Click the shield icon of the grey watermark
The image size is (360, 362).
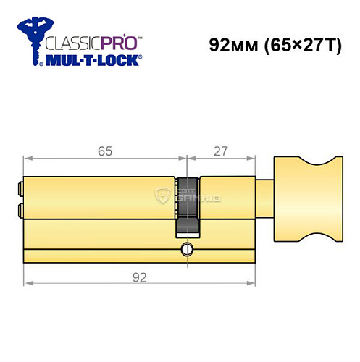click(164, 193)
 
